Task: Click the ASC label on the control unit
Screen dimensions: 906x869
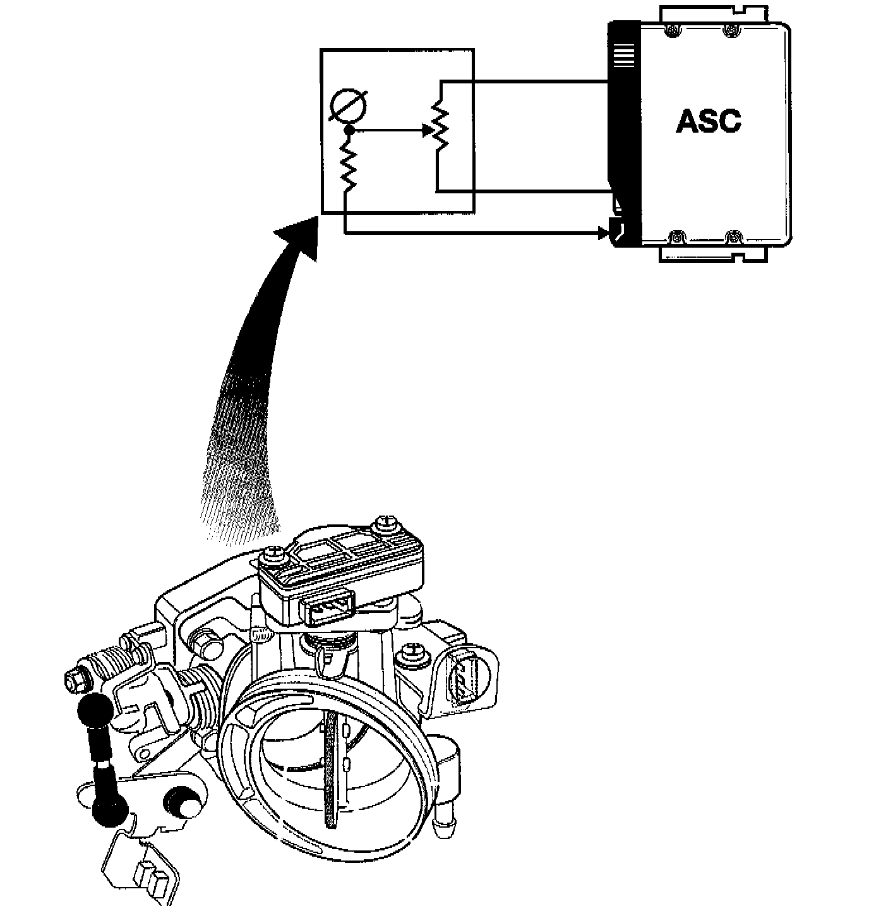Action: (708, 121)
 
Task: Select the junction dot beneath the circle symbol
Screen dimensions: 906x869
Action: (347, 131)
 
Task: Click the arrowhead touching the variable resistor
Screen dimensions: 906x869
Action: (426, 131)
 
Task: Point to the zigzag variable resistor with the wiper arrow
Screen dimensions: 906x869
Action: (440, 126)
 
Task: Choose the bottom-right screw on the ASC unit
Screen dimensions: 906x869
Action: (733, 238)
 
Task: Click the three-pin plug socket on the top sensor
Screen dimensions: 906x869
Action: (328, 610)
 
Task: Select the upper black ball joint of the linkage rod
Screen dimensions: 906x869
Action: (95, 710)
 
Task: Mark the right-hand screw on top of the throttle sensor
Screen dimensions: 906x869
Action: (383, 524)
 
